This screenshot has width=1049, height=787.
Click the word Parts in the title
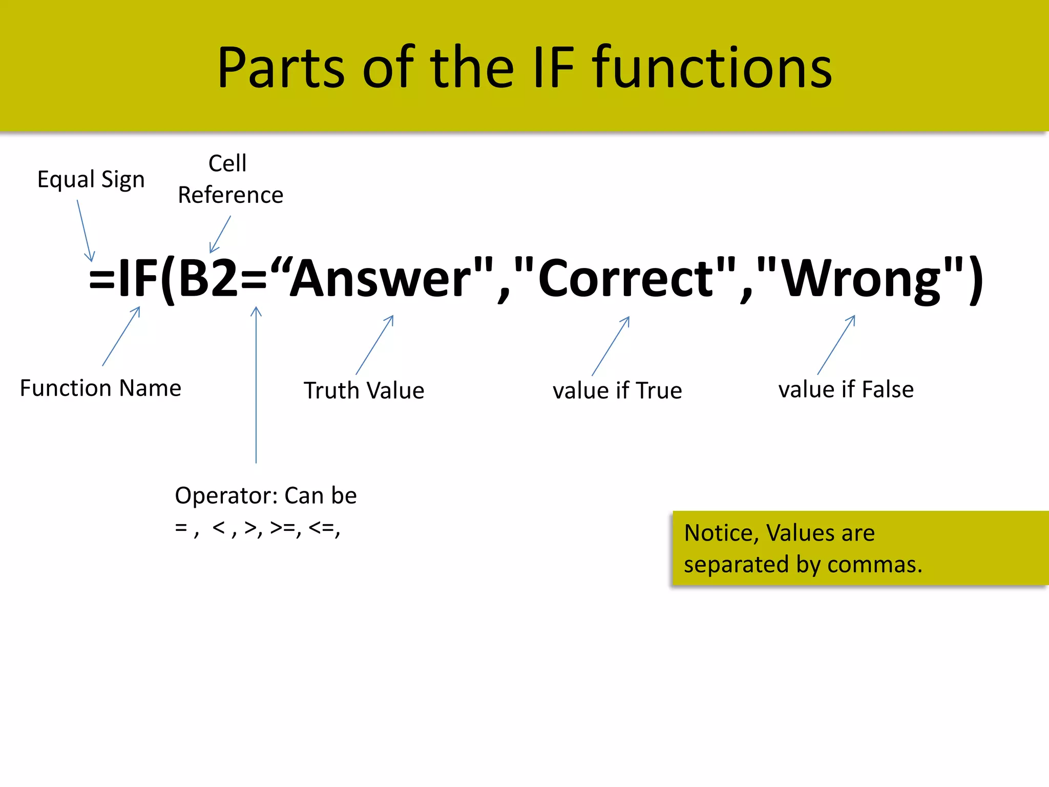pos(281,68)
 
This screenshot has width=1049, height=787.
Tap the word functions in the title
pos(712,68)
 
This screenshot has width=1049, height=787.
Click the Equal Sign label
pos(91,180)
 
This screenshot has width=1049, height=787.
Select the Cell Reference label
pos(230,179)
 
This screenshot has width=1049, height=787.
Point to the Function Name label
pos(100,388)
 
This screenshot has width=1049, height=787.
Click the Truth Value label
pos(364,390)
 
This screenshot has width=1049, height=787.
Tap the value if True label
pos(617,390)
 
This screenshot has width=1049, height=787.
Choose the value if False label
pos(846,389)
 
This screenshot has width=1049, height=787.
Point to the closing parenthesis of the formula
pos(976,279)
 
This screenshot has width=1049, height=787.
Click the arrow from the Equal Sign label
pos(85,231)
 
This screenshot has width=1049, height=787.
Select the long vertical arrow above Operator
pos(256,384)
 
